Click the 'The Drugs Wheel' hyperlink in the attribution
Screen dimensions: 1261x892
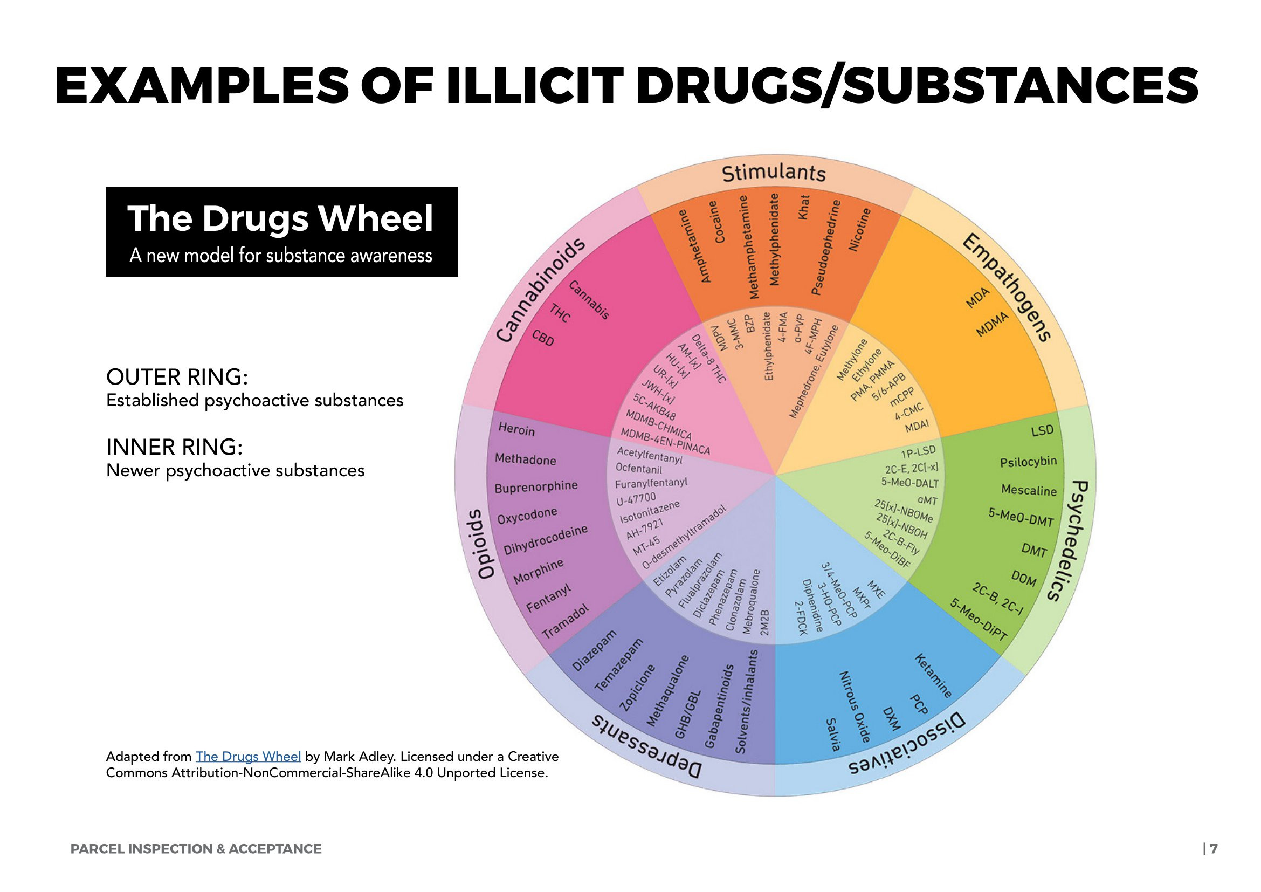point(248,756)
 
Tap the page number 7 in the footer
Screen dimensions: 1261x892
point(1214,849)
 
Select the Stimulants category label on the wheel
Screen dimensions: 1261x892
point(773,173)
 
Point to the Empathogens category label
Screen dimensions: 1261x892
point(1007,287)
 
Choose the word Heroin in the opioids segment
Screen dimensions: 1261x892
point(516,429)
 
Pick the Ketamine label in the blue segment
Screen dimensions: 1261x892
point(933,676)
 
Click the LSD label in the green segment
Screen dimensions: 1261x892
point(1043,430)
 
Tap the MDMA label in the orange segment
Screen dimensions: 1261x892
point(993,325)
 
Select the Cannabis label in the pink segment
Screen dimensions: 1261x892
point(589,300)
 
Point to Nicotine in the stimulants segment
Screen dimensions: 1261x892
point(860,230)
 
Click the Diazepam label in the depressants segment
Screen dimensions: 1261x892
point(594,650)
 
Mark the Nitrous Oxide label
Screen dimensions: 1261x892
point(855,706)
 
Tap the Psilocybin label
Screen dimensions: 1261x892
point(1028,462)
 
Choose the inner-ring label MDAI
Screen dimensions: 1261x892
point(917,426)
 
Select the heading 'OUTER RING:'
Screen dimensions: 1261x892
point(177,378)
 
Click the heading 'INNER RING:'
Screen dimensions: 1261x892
point(174,447)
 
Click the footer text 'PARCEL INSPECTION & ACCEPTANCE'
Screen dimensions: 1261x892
point(196,849)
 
